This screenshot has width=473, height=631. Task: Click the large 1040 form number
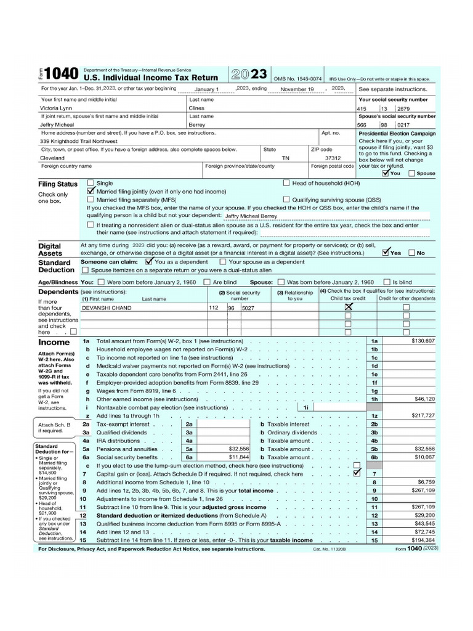click(x=62, y=75)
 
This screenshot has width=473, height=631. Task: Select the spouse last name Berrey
click(x=198, y=124)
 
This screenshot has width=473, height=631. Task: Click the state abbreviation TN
click(x=285, y=157)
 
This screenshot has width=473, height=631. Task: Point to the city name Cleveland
click(x=52, y=157)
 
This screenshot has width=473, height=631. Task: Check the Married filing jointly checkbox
click(x=91, y=191)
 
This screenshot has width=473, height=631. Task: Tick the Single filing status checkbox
click(x=91, y=183)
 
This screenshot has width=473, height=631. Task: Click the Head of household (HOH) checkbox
click(x=286, y=183)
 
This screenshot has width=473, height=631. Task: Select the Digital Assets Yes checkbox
click(x=386, y=252)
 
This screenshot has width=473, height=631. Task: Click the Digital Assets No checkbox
click(x=412, y=253)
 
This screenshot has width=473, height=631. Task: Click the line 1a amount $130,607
click(x=422, y=341)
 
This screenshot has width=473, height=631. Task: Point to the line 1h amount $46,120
click(x=423, y=399)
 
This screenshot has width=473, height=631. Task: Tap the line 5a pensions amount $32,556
click(x=238, y=449)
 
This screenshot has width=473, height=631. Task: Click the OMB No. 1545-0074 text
click(x=297, y=79)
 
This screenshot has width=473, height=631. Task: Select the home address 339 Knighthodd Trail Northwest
click(x=79, y=140)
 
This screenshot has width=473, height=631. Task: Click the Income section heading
click(x=54, y=341)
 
